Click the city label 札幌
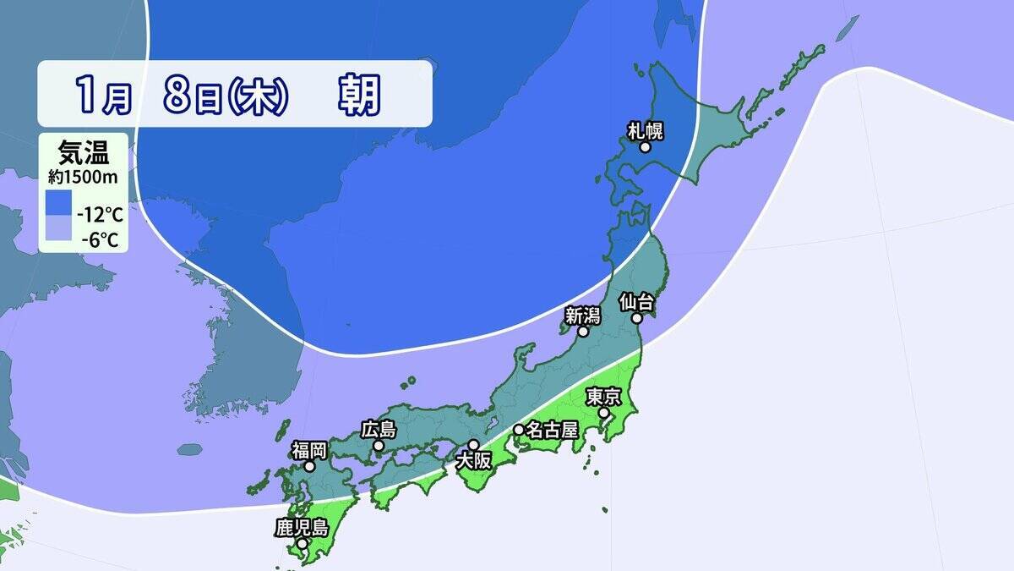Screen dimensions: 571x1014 645,130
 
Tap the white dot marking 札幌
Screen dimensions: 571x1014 645,147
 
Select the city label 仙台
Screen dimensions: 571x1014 637,301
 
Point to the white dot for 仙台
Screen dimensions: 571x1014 638,318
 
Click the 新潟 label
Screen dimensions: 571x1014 582,316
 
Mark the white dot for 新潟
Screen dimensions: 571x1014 583,332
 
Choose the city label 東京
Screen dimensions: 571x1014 604,397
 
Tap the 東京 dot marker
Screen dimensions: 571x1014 604,413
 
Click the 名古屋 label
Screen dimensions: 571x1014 551,430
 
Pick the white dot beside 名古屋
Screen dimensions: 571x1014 519,430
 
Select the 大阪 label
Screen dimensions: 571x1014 473,461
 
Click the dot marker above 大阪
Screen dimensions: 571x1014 473,445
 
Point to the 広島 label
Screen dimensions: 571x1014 378,430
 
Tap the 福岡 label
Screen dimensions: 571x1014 309,449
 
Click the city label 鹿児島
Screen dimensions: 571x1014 301,528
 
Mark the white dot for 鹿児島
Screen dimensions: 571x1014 302,543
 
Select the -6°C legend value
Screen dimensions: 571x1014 100,239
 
